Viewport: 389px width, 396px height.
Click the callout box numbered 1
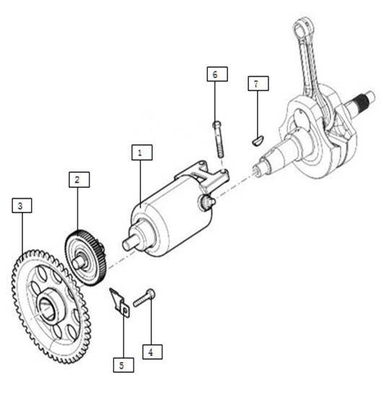tap(141, 152)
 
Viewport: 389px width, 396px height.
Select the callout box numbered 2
tap(79, 179)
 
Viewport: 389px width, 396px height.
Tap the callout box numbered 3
tap(22, 205)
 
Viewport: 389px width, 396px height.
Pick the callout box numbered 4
tap(152, 351)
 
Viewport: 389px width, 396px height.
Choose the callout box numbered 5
tap(123, 365)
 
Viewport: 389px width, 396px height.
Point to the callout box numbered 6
tap(217, 74)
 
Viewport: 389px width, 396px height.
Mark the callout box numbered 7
tap(258, 83)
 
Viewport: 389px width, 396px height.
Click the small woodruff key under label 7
tap(258, 140)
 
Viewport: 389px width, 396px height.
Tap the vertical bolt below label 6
tap(218, 139)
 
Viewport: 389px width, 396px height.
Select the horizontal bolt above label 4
tap(144, 298)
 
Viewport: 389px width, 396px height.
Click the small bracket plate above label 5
tap(119, 303)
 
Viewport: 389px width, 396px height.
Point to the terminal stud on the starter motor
tap(207, 202)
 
